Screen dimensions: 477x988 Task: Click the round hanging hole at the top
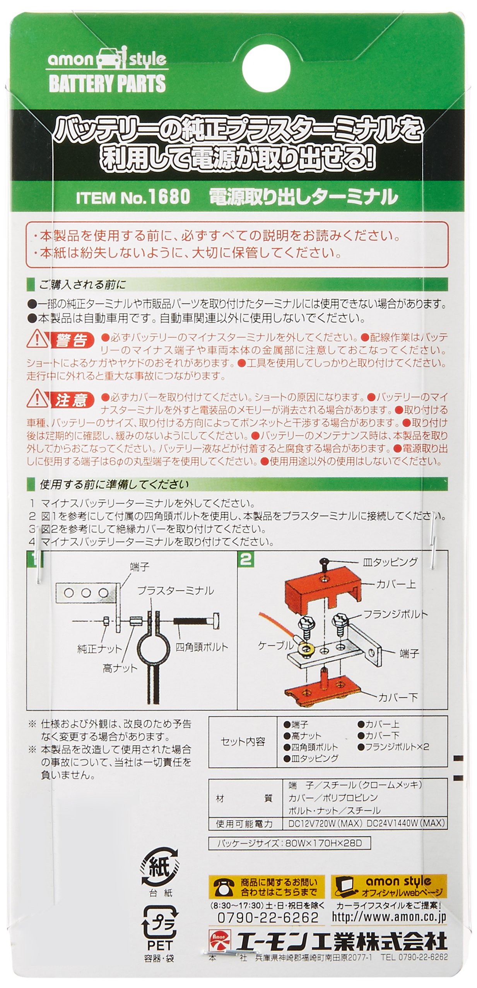coord(267,68)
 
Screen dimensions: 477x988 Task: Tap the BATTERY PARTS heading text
coord(107,84)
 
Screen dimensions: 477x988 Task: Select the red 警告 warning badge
coord(72,340)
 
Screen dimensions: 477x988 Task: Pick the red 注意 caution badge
coord(72,400)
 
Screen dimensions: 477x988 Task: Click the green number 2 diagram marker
coord(246,559)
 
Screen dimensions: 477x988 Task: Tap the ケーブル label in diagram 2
coord(276,645)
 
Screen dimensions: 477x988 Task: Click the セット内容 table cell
coord(243,741)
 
